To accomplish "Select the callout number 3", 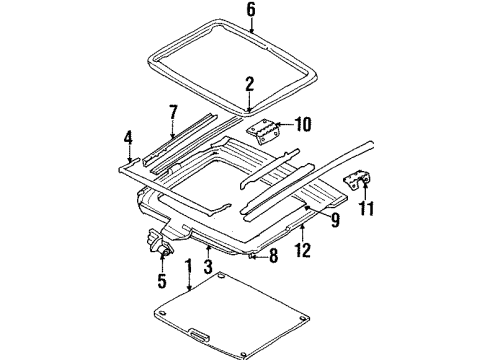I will point(208,267).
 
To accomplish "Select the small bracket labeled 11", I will point(356,182).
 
